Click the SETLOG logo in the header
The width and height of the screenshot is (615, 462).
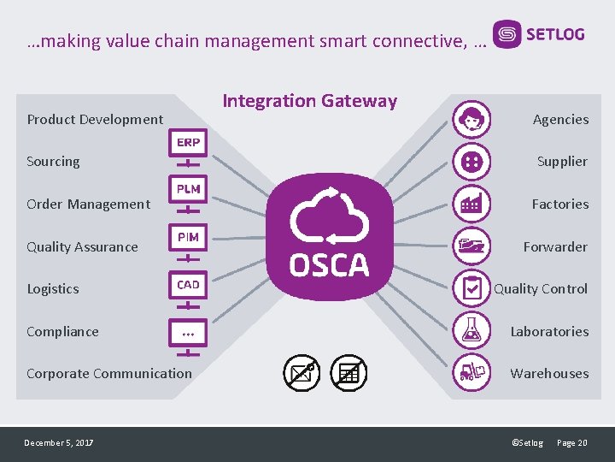coord(540,35)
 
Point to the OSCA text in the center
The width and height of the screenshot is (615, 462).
coord(329,265)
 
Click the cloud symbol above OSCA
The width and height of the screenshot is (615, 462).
coord(329,217)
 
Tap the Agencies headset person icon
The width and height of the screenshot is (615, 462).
coord(471,119)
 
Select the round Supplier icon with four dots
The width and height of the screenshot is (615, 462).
coord(471,161)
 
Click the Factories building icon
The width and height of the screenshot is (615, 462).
coord(471,204)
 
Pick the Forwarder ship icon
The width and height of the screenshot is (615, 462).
coord(471,246)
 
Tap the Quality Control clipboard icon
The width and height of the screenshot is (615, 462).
coord(471,288)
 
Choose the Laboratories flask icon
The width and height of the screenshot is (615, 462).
coord(471,330)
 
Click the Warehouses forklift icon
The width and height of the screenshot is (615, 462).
coord(471,372)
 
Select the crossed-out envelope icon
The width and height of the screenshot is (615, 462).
coord(302,372)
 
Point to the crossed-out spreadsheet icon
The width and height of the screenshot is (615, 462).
coord(348,372)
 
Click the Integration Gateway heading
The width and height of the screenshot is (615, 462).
coord(309,101)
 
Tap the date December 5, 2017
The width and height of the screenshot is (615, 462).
coord(59,442)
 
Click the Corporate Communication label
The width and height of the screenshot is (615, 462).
coord(109,373)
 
